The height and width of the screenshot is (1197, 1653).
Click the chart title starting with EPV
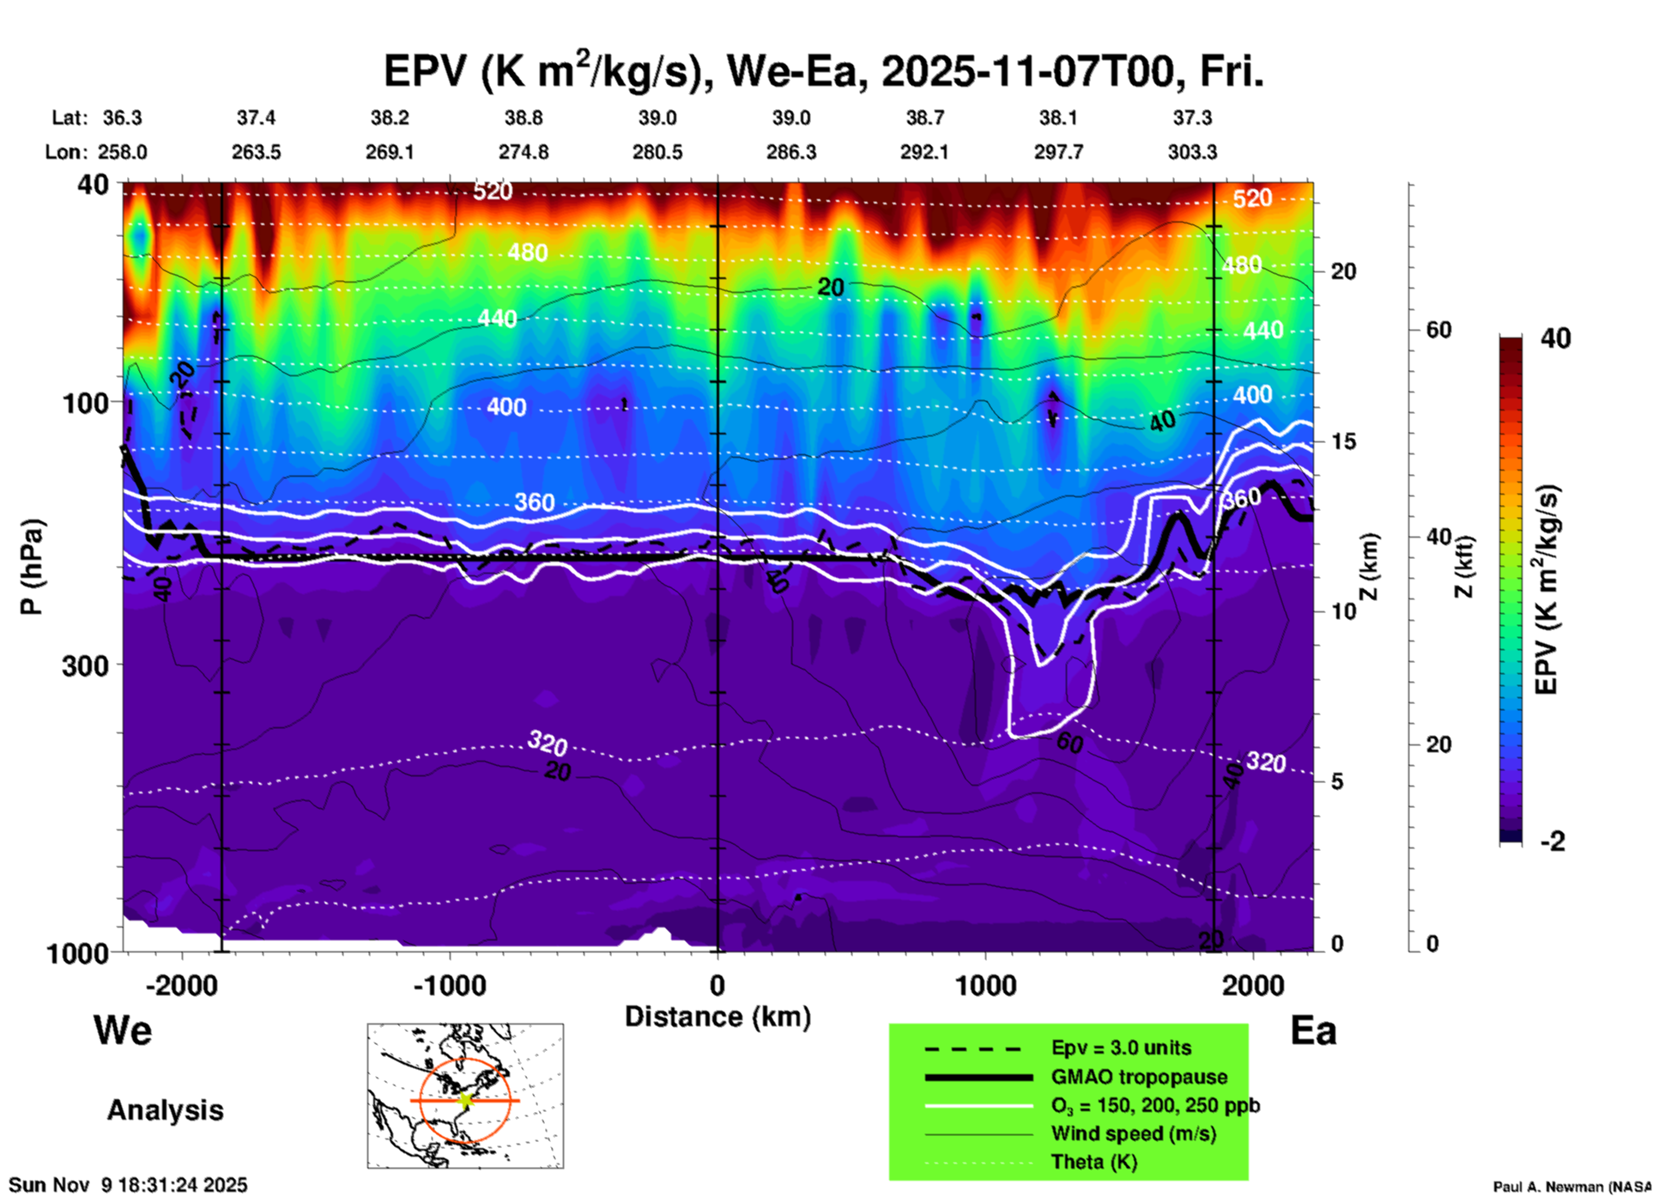coord(822,72)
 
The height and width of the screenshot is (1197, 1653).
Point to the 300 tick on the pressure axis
coord(86,665)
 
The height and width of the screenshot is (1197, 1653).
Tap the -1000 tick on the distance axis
coord(450,985)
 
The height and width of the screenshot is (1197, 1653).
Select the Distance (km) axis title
coord(718,1017)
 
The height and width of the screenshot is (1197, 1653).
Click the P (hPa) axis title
coord(32,567)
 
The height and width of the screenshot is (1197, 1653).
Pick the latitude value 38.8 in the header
coord(523,118)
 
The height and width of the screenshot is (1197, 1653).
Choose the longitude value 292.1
coord(924,152)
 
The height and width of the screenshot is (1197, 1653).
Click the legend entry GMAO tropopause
coord(1139,1077)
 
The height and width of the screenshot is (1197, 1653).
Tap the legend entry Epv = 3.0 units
coord(1121,1048)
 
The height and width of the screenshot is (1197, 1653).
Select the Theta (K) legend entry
coord(1094,1162)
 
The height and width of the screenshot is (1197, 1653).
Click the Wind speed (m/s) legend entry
coord(1133,1133)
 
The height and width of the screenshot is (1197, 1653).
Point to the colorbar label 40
coord(1555,338)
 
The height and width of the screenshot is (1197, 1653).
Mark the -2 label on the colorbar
coord(1553,842)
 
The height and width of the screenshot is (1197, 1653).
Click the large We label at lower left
coord(123,1030)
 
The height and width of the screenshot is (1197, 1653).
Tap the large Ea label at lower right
coord(1313,1030)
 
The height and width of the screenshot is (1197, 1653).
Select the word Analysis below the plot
coord(165,1110)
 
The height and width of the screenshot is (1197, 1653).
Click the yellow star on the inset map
coord(465,1100)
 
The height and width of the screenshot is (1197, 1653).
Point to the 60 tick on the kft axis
coord(1438,330)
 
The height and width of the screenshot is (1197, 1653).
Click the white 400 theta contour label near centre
coord(506,407)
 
